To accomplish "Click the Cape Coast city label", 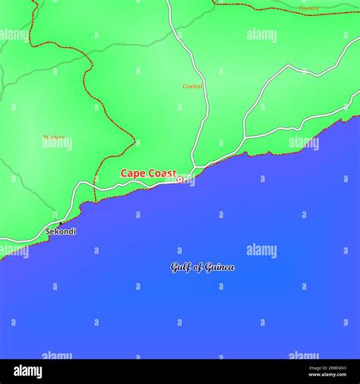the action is (x=148, y=174).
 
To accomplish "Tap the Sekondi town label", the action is (x=61, y=231).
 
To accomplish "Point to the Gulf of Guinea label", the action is (x=202, y=267).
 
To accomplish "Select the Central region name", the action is (x=193, y=87).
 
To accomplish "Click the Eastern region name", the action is (x=308, y=8).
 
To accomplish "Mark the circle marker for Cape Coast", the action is (x=180, y=179).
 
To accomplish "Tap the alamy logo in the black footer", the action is (x=27, y=371).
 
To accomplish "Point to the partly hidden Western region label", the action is (x=54, y=139).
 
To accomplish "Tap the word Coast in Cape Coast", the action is (x=162, y=174).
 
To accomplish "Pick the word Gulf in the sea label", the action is (x=179, y=267).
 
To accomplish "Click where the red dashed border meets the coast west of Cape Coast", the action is (x=94, y=202).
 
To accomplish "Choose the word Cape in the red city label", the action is (x=133, y=174).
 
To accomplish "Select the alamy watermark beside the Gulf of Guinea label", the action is (x=261, y=250).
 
